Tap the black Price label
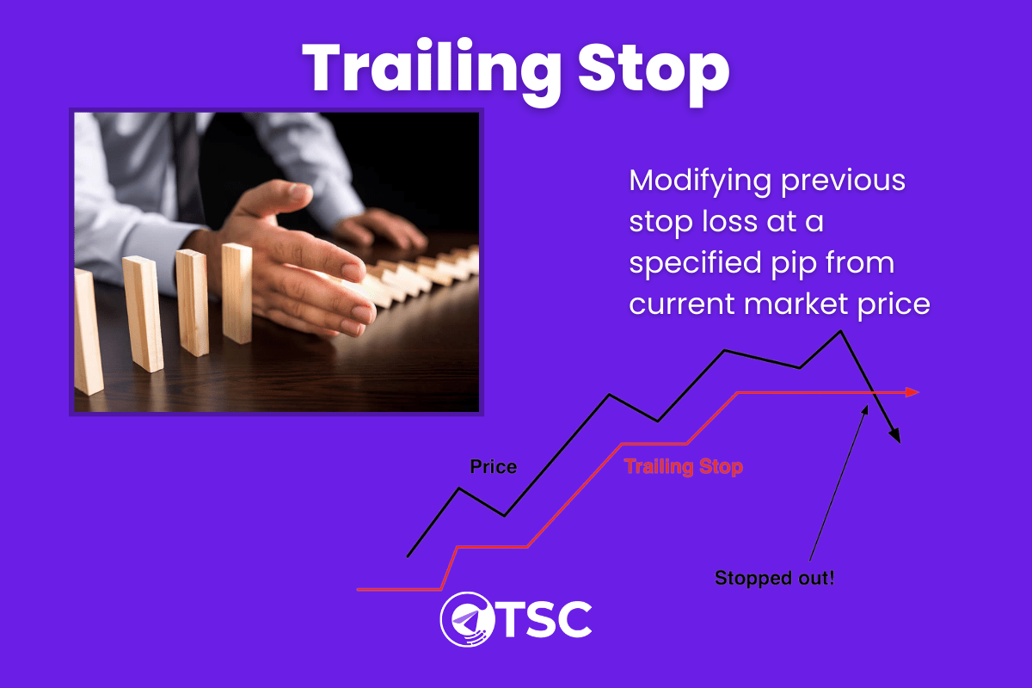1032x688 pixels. [x=493, y=467]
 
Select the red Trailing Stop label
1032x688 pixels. [x=684, y=467]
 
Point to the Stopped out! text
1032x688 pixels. [x=774, y=578]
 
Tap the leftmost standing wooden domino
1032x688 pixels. [x=87, y=331]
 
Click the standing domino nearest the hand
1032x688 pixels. [x=236, y=292]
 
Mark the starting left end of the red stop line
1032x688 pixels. [x=359, y=589]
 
